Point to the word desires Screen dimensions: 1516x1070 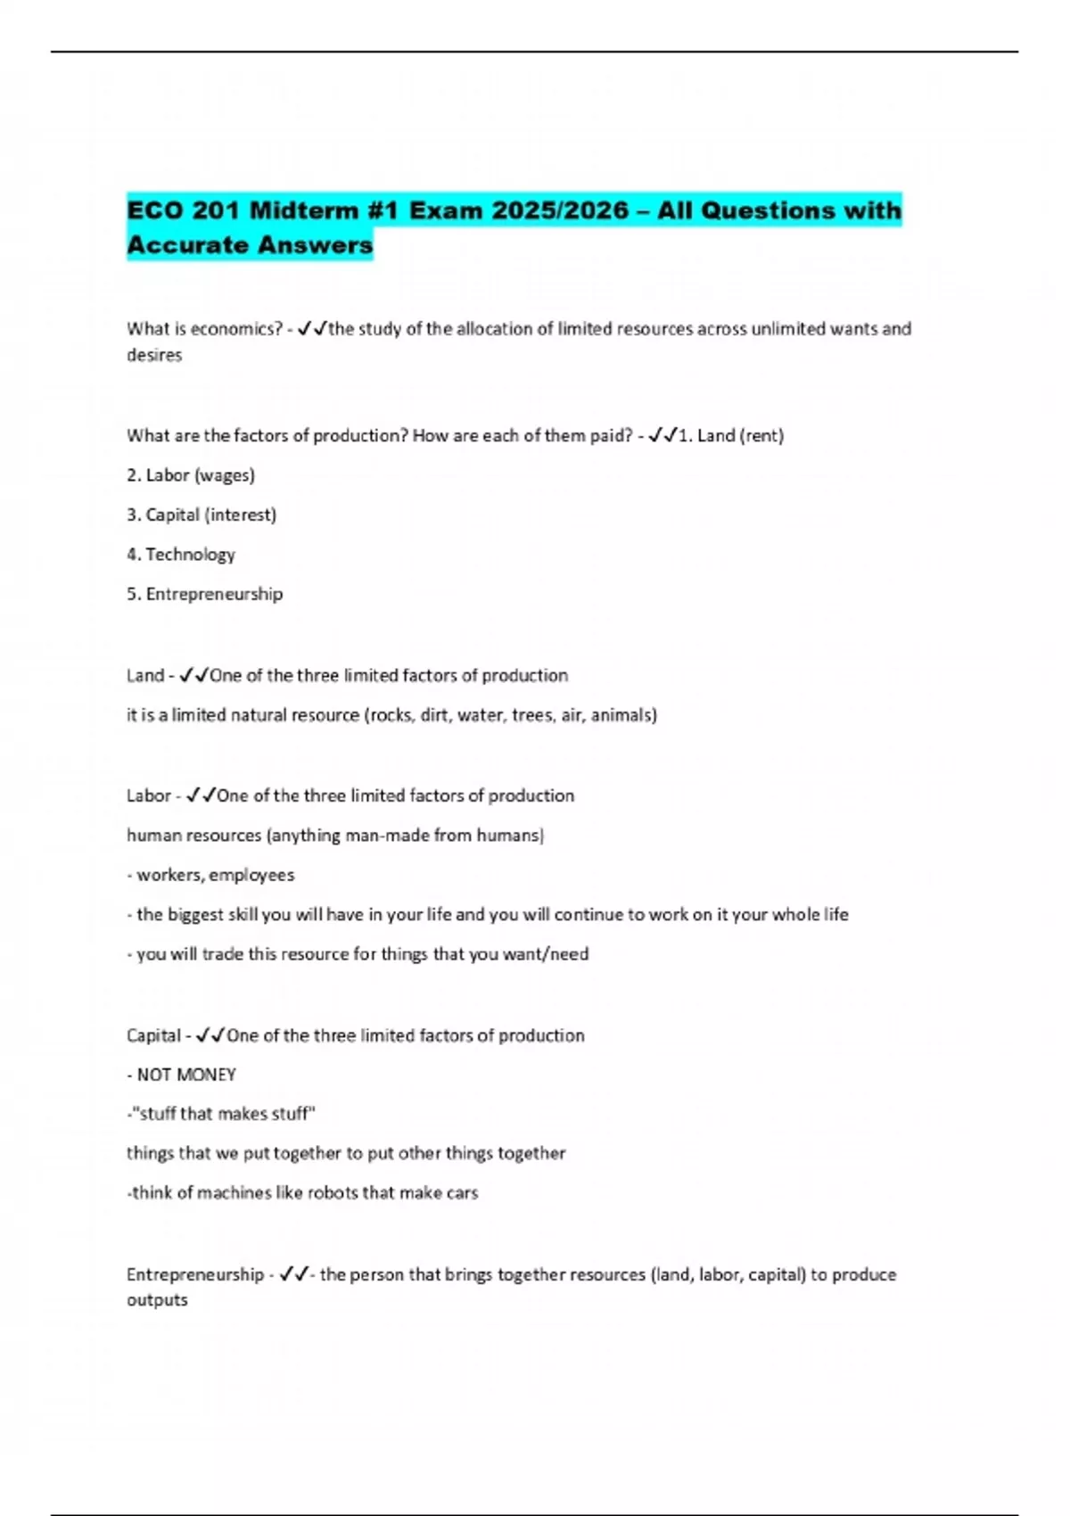154,355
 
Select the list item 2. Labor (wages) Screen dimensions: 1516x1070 191,475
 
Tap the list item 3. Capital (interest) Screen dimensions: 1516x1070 202,515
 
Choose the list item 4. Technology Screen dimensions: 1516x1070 181,555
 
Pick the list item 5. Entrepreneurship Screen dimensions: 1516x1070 205,594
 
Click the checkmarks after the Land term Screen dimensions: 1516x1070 193,676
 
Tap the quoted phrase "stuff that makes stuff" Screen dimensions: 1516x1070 223,1114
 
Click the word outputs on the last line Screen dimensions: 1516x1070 157,1300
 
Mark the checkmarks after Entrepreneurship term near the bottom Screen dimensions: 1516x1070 293,1275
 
